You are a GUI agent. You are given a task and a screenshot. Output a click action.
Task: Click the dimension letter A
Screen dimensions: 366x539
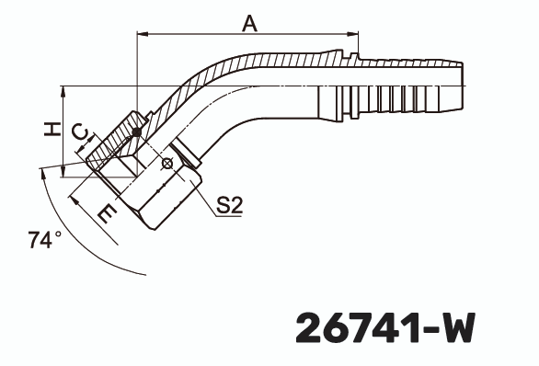(x=249, y=23)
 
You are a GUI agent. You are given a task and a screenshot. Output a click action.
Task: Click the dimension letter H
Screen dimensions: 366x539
(x=53, y=131)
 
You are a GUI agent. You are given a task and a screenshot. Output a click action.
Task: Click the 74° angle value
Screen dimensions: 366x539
(x=43, y=240)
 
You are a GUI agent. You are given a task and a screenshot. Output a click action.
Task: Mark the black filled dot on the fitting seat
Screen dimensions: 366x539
(x=136, y=132)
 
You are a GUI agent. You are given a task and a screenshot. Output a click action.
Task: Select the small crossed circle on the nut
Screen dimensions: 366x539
(x=166, y=164)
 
